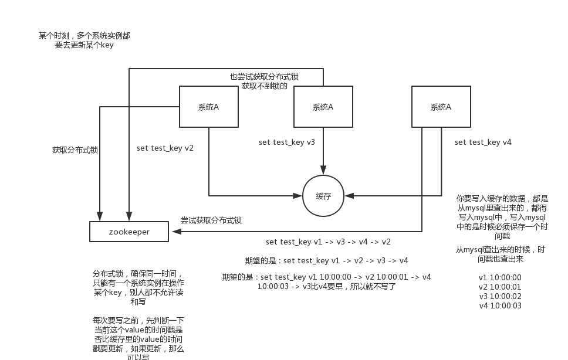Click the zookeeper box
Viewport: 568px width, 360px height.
tap(129, 232)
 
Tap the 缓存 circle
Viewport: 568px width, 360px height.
tap(323, 196)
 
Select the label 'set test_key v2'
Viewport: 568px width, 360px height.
tap(165, 148)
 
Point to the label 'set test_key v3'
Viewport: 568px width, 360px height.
tap(287, 142)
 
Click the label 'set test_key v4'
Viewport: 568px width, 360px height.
tap(483, 142)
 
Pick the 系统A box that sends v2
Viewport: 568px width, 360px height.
tap(208, 107)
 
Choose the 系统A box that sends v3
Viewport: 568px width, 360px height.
tap(323, 107)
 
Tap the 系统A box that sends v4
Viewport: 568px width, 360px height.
tap(441, 107)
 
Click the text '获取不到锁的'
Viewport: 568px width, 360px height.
tap(265, 86)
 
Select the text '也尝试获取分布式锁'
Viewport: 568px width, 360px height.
tap(264, 77)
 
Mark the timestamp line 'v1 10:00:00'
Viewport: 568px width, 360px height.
tap(500, 277)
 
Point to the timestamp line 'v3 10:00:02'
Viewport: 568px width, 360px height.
tap(500, 296)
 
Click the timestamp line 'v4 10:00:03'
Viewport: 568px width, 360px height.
tap(500, 305)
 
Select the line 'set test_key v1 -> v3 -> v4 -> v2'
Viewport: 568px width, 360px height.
tap(328, 242)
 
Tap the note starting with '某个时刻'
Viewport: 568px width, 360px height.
tap(84, 40)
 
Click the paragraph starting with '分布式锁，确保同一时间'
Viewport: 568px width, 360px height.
tap(138, 287)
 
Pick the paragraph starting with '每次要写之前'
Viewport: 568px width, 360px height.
tap(138, 339)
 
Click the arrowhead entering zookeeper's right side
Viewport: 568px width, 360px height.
tap(173, 232)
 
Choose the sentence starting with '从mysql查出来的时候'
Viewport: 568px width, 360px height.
tap(500, 254)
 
